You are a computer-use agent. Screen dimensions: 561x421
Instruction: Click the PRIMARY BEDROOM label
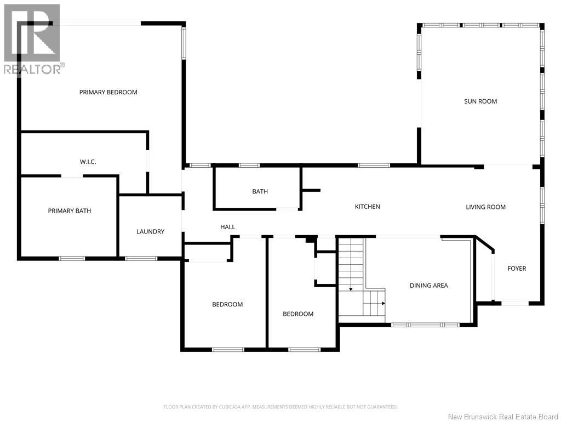coord(108,92)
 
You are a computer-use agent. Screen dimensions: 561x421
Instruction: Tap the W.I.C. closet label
coord(88,162)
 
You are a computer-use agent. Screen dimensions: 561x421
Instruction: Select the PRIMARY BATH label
coord(70,211)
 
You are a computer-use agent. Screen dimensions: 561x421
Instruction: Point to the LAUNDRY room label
coord(150,232)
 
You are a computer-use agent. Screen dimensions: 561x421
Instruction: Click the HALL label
coord(227,227)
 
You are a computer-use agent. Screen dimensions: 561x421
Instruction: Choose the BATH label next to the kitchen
coord(260,191)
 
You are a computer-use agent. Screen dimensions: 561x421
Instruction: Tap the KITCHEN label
coord(368,207)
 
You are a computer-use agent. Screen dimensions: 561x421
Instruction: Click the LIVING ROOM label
coord(485,207)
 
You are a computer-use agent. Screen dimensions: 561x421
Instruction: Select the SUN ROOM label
coord(480,101)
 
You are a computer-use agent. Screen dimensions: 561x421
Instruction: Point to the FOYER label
coord(517,269)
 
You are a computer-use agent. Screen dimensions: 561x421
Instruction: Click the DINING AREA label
coord(428,285)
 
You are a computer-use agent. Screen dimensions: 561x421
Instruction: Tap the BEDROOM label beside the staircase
coord(298,314)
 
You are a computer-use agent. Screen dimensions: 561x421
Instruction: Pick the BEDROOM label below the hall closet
coord(227,304)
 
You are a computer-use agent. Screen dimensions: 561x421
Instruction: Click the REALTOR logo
coord(32,39)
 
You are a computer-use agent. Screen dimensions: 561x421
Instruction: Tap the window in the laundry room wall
coord(141,259)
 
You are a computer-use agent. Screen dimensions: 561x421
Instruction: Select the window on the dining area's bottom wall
coord(425,325)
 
